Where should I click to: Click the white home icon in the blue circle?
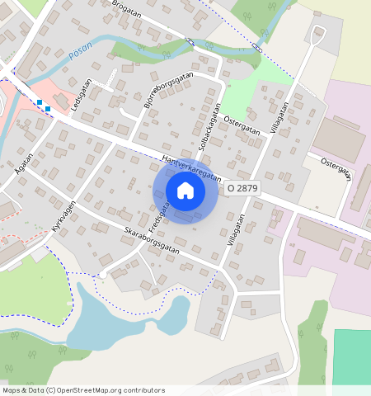(x=185, y=191)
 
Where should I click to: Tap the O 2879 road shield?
(x=242, y=188)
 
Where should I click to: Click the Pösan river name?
(x=80, y=52)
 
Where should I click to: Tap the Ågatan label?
(x=24, y=163)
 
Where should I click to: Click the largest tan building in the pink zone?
(x=337, y=139)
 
